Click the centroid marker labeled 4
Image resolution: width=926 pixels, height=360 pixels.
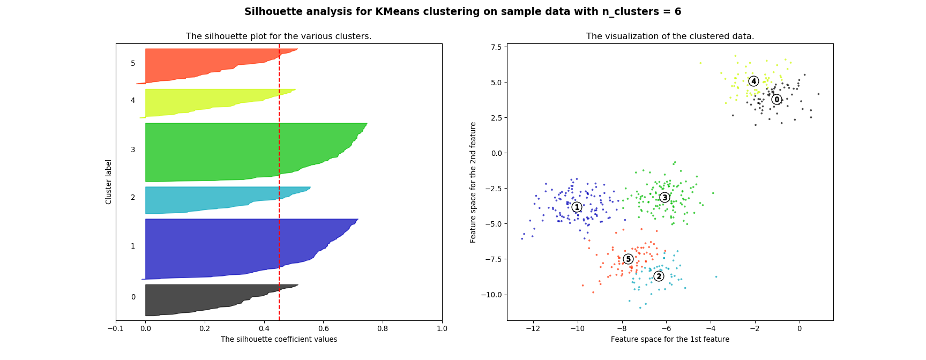click(753, 81)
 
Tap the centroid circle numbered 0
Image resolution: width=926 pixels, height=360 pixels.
click(776, 100)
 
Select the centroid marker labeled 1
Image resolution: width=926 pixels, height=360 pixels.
click(577, 207)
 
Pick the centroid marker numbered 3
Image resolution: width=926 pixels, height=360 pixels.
click(664, 198)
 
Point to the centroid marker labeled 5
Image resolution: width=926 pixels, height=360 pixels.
click(628, 259)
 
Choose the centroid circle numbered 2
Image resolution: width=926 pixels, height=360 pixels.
click(659, 276)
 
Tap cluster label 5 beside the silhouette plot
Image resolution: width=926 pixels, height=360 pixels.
click(133, 64)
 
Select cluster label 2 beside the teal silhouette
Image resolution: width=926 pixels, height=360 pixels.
click(133, 198)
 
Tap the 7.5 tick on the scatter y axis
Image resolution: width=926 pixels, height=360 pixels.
click(496, 47)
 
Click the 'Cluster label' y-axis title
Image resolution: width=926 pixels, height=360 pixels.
click(109, 182)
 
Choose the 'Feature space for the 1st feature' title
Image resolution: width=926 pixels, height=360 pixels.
click(670, 340)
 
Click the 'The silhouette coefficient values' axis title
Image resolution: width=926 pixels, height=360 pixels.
click(279, 340)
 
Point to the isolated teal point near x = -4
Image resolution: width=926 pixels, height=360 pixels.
click(716, 277)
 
